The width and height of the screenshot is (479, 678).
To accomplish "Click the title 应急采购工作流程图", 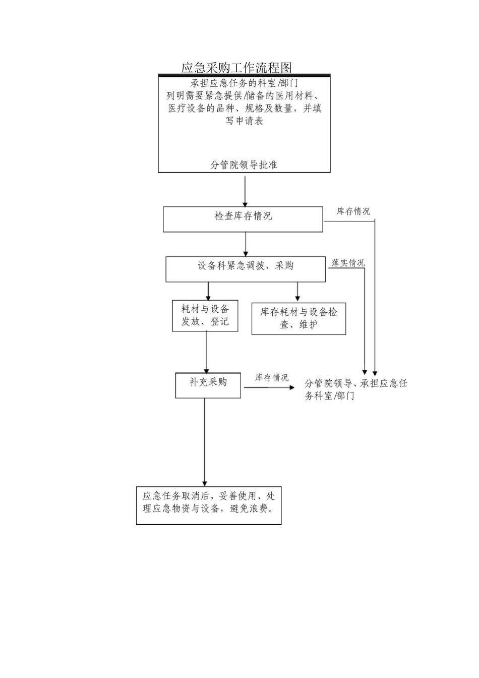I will click(x=236, y=68).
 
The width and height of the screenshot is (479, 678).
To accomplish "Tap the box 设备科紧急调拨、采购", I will click(x=246, y=269).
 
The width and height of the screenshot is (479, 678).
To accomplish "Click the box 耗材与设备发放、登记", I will click(x=205, y=315).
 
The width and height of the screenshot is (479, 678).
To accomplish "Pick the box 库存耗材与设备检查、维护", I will click(x=298, y=318).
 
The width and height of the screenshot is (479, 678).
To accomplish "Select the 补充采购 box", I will click(x=208, y=385).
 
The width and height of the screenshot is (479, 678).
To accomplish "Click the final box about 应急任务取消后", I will click(x=209, y=505).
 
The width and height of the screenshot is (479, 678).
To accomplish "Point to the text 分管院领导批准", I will click(x=244, y=165).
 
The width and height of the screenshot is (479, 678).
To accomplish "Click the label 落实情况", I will click(x=348, y=263).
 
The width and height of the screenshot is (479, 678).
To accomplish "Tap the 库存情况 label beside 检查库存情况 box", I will click(x=353, y=211).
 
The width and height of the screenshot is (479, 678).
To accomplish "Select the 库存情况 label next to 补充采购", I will click(x=272, y=378).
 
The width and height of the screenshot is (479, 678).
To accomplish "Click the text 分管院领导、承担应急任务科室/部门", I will click(x=355, y=389).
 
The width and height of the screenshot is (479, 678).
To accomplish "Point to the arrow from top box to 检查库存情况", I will click(x=245, y=190).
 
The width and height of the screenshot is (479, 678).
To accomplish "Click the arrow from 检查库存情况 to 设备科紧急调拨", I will click(x=246, y=245).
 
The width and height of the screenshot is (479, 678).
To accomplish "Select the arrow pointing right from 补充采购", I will click(x=269, y=387).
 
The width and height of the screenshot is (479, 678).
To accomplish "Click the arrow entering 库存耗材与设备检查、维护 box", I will click(x=297, y=292).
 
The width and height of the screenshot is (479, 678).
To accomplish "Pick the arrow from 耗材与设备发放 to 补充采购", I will click(x=206, y=352).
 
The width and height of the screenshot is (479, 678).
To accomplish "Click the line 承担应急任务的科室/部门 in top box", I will click(x=244, y=83).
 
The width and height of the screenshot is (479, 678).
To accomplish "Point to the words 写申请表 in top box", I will click(x=244, y=121).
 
